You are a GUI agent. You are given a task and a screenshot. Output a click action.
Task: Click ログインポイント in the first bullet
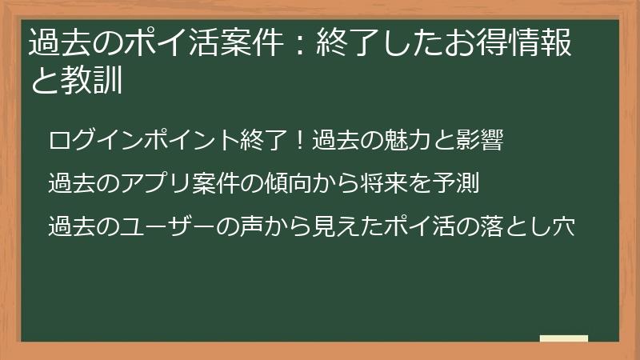tap(144, 141)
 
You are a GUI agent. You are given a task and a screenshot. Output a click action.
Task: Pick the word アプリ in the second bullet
tap(159, 184)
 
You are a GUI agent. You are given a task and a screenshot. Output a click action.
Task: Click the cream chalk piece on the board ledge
tap(564, 338)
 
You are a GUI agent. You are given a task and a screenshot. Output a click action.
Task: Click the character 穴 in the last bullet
tap(563, 227)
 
